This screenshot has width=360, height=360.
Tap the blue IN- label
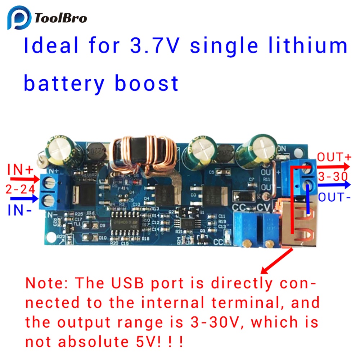coord(19,211)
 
